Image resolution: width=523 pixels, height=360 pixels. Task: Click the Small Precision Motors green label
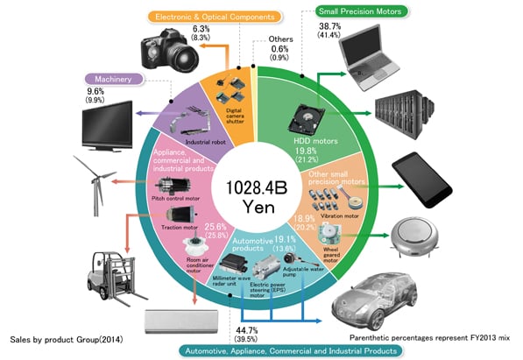tap(361, 11)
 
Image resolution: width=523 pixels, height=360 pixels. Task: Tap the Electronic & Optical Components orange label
tap(215, 17)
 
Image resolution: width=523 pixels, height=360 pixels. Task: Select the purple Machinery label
tap(113, 80)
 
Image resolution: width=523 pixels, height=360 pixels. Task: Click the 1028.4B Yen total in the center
tap(257, 197)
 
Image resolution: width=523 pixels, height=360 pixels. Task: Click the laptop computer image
tap(368, 58)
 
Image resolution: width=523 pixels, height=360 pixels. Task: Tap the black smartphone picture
tap(422, 180)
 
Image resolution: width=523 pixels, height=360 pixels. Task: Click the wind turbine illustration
tap(95, 185)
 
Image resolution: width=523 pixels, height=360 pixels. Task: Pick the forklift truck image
tap(116, 279)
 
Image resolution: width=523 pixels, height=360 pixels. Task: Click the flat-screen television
tap(108, 126)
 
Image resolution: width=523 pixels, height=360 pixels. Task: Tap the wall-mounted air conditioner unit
tap(181, 321)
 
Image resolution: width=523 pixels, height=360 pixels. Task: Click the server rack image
tap(405, 114)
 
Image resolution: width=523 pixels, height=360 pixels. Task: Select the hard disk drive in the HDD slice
tap(307, 119)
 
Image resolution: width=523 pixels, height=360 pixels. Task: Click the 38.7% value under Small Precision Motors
tap(329, 26)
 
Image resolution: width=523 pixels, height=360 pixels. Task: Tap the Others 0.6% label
tap(279, 48)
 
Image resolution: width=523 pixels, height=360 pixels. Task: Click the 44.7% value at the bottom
tap(247, 330)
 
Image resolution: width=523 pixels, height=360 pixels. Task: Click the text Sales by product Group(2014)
tap(67, 340)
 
